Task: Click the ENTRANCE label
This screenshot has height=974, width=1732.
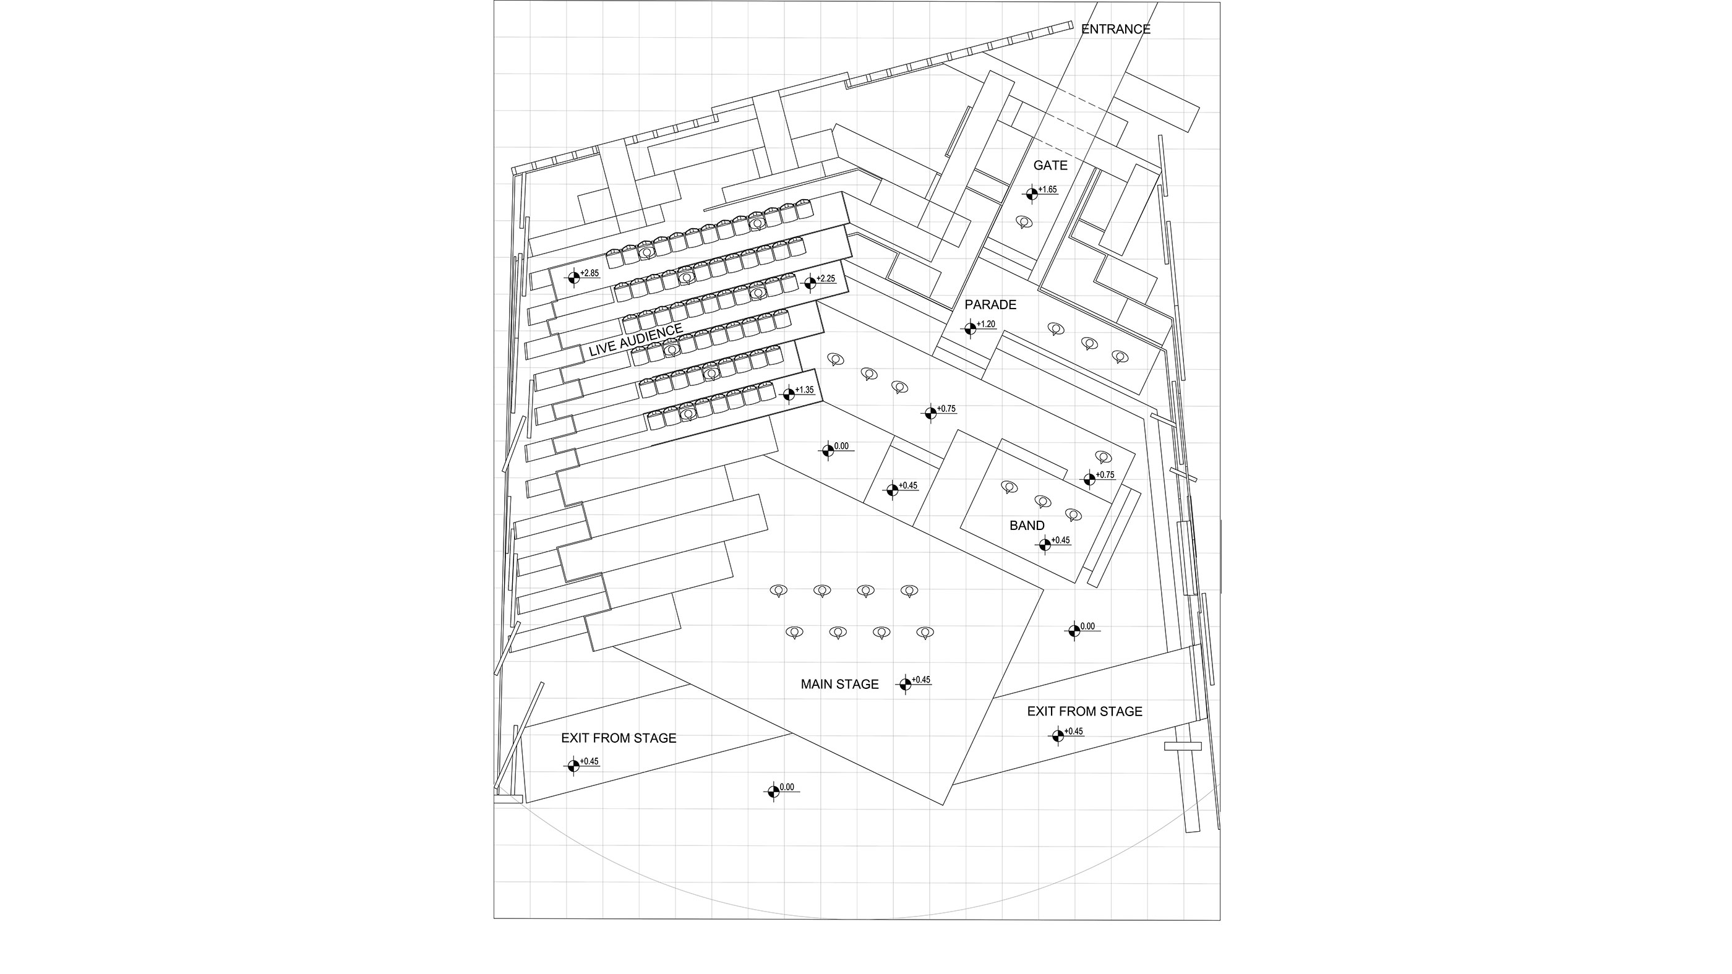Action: pos(1115,29)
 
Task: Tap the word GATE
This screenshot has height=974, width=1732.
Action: pos(1050,165)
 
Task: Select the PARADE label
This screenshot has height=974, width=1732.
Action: pos(990,304)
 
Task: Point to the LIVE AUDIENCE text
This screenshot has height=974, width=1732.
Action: pos(635,340)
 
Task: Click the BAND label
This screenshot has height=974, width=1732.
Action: pos(1027,526)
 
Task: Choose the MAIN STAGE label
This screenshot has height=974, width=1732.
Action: pos(839,685)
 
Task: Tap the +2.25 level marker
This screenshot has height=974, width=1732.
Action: pos(810,283)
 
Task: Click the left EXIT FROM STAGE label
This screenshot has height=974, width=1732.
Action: pos(619,738)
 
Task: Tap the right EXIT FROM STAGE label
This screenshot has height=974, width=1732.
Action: pos(1084,711)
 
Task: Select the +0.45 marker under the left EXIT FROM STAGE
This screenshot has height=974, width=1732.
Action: pos(573,766)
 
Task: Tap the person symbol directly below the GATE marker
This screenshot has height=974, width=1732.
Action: pos(1023,222)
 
